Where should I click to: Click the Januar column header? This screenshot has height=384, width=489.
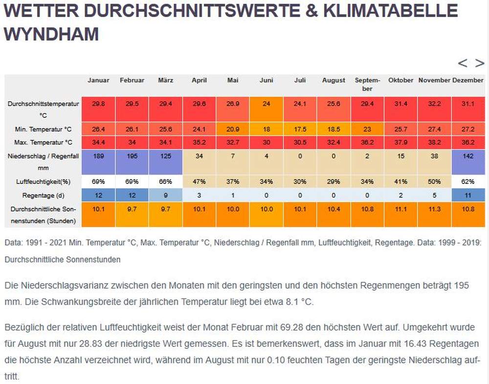(x=98, y=80)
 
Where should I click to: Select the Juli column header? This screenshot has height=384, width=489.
(x=300, y=80)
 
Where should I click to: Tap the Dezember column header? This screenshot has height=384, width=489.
(x=468, y=80)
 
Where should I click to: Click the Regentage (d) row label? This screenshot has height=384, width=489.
(x=43, y=195)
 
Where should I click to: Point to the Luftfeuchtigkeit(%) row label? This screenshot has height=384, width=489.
(x=43, y=181)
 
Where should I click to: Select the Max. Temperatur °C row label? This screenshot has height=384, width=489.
(x=43, y=142)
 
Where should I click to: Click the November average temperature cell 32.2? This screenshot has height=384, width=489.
(x=434, y=104)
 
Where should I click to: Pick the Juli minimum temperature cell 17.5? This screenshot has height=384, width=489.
(x=300, y=129)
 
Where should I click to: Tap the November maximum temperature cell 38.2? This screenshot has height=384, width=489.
(x=434, y=142)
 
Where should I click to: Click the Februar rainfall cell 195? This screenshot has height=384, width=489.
(x=132, y=157)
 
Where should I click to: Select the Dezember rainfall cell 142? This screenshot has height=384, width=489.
(x=468, y=157)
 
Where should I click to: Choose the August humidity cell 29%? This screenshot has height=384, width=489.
(x=333, y=181)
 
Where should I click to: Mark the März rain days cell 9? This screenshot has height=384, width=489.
(x=166, y=195)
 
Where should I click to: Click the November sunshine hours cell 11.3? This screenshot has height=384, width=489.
(x=434, y=209)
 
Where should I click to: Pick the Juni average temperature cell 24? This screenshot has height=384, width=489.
(x=267, y=104)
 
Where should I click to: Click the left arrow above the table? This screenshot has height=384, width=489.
(x=463, y=63)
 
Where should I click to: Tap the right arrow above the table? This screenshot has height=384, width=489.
(x=480, y=63)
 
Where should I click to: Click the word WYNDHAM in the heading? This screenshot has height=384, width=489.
(x=51, y=34)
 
